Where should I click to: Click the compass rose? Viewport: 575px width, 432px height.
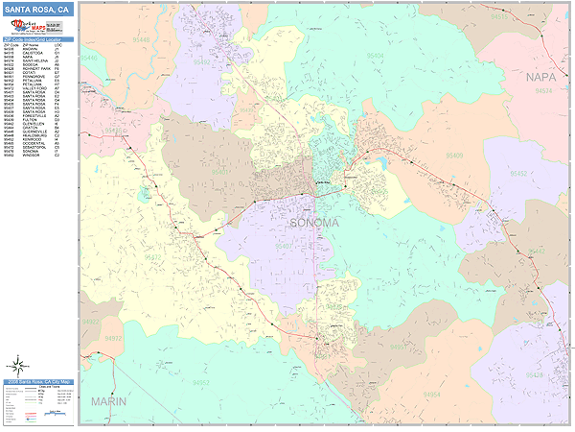pos(17,366)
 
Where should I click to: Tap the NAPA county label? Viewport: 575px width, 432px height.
pos(540,75)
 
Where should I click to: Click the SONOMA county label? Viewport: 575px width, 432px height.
pos(313,223)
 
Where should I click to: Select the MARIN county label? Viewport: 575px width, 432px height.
pos(108,402)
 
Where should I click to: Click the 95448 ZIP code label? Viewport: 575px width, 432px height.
pos(90,58)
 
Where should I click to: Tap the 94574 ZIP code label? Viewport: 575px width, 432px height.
pos(542,93)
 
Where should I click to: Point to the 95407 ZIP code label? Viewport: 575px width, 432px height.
pos(285,247)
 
